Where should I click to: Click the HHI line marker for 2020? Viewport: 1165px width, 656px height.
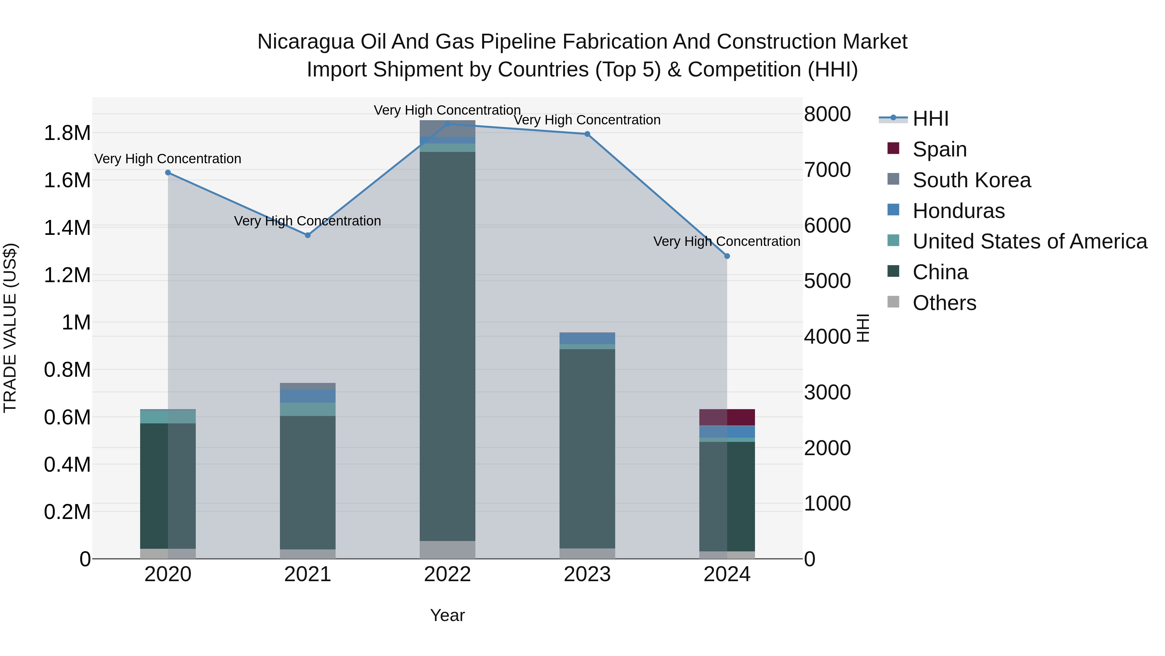[168, 172]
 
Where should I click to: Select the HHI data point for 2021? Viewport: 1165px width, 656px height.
[307, 235]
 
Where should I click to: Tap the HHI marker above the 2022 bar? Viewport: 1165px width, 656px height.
[447, 124]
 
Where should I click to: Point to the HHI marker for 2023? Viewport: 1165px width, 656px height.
[587, 134]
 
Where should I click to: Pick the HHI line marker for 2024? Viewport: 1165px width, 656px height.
[727, 256]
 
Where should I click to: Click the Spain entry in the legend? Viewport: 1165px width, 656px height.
[939, 149]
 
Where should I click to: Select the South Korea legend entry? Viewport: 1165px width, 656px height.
[971, 180]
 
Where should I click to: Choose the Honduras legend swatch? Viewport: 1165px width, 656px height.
[893, 210]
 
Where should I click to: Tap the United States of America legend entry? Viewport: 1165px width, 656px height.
[1029, 241]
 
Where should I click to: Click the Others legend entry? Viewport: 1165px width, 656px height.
[944, 303]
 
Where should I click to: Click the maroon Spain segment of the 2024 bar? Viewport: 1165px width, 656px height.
[740, 417]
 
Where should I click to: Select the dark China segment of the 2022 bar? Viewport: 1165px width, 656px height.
[447, 344]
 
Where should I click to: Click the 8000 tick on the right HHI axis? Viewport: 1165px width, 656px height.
[827, 114]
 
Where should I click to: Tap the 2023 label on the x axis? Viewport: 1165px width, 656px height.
[587, 574]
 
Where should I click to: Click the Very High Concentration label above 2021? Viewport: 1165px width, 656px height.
[307, 221]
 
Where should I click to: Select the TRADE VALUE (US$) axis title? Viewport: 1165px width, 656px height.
[10, 328]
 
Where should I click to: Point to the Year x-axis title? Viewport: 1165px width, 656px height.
[447, 615]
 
